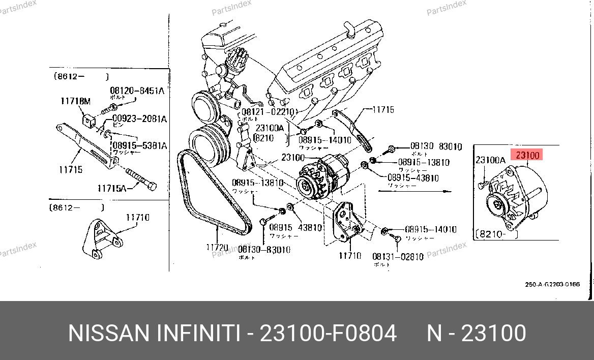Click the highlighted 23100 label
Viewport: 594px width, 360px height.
pos(527,155)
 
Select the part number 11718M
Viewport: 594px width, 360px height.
pos(75,101)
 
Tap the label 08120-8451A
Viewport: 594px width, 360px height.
pos(137,91)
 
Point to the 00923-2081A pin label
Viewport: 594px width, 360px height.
pos(140,119)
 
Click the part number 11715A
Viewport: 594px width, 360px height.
pos(112,188)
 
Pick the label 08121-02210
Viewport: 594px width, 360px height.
pos(268,111)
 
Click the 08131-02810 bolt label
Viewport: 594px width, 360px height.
pos(398,257)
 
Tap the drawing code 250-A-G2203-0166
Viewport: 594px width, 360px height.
pos(552,284)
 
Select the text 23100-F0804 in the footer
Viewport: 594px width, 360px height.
pos(328,333)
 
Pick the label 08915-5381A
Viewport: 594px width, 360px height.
pos(139,145)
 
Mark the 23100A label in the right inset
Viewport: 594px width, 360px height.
pos(490,160)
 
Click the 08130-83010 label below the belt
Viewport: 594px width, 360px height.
pos(264,250)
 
